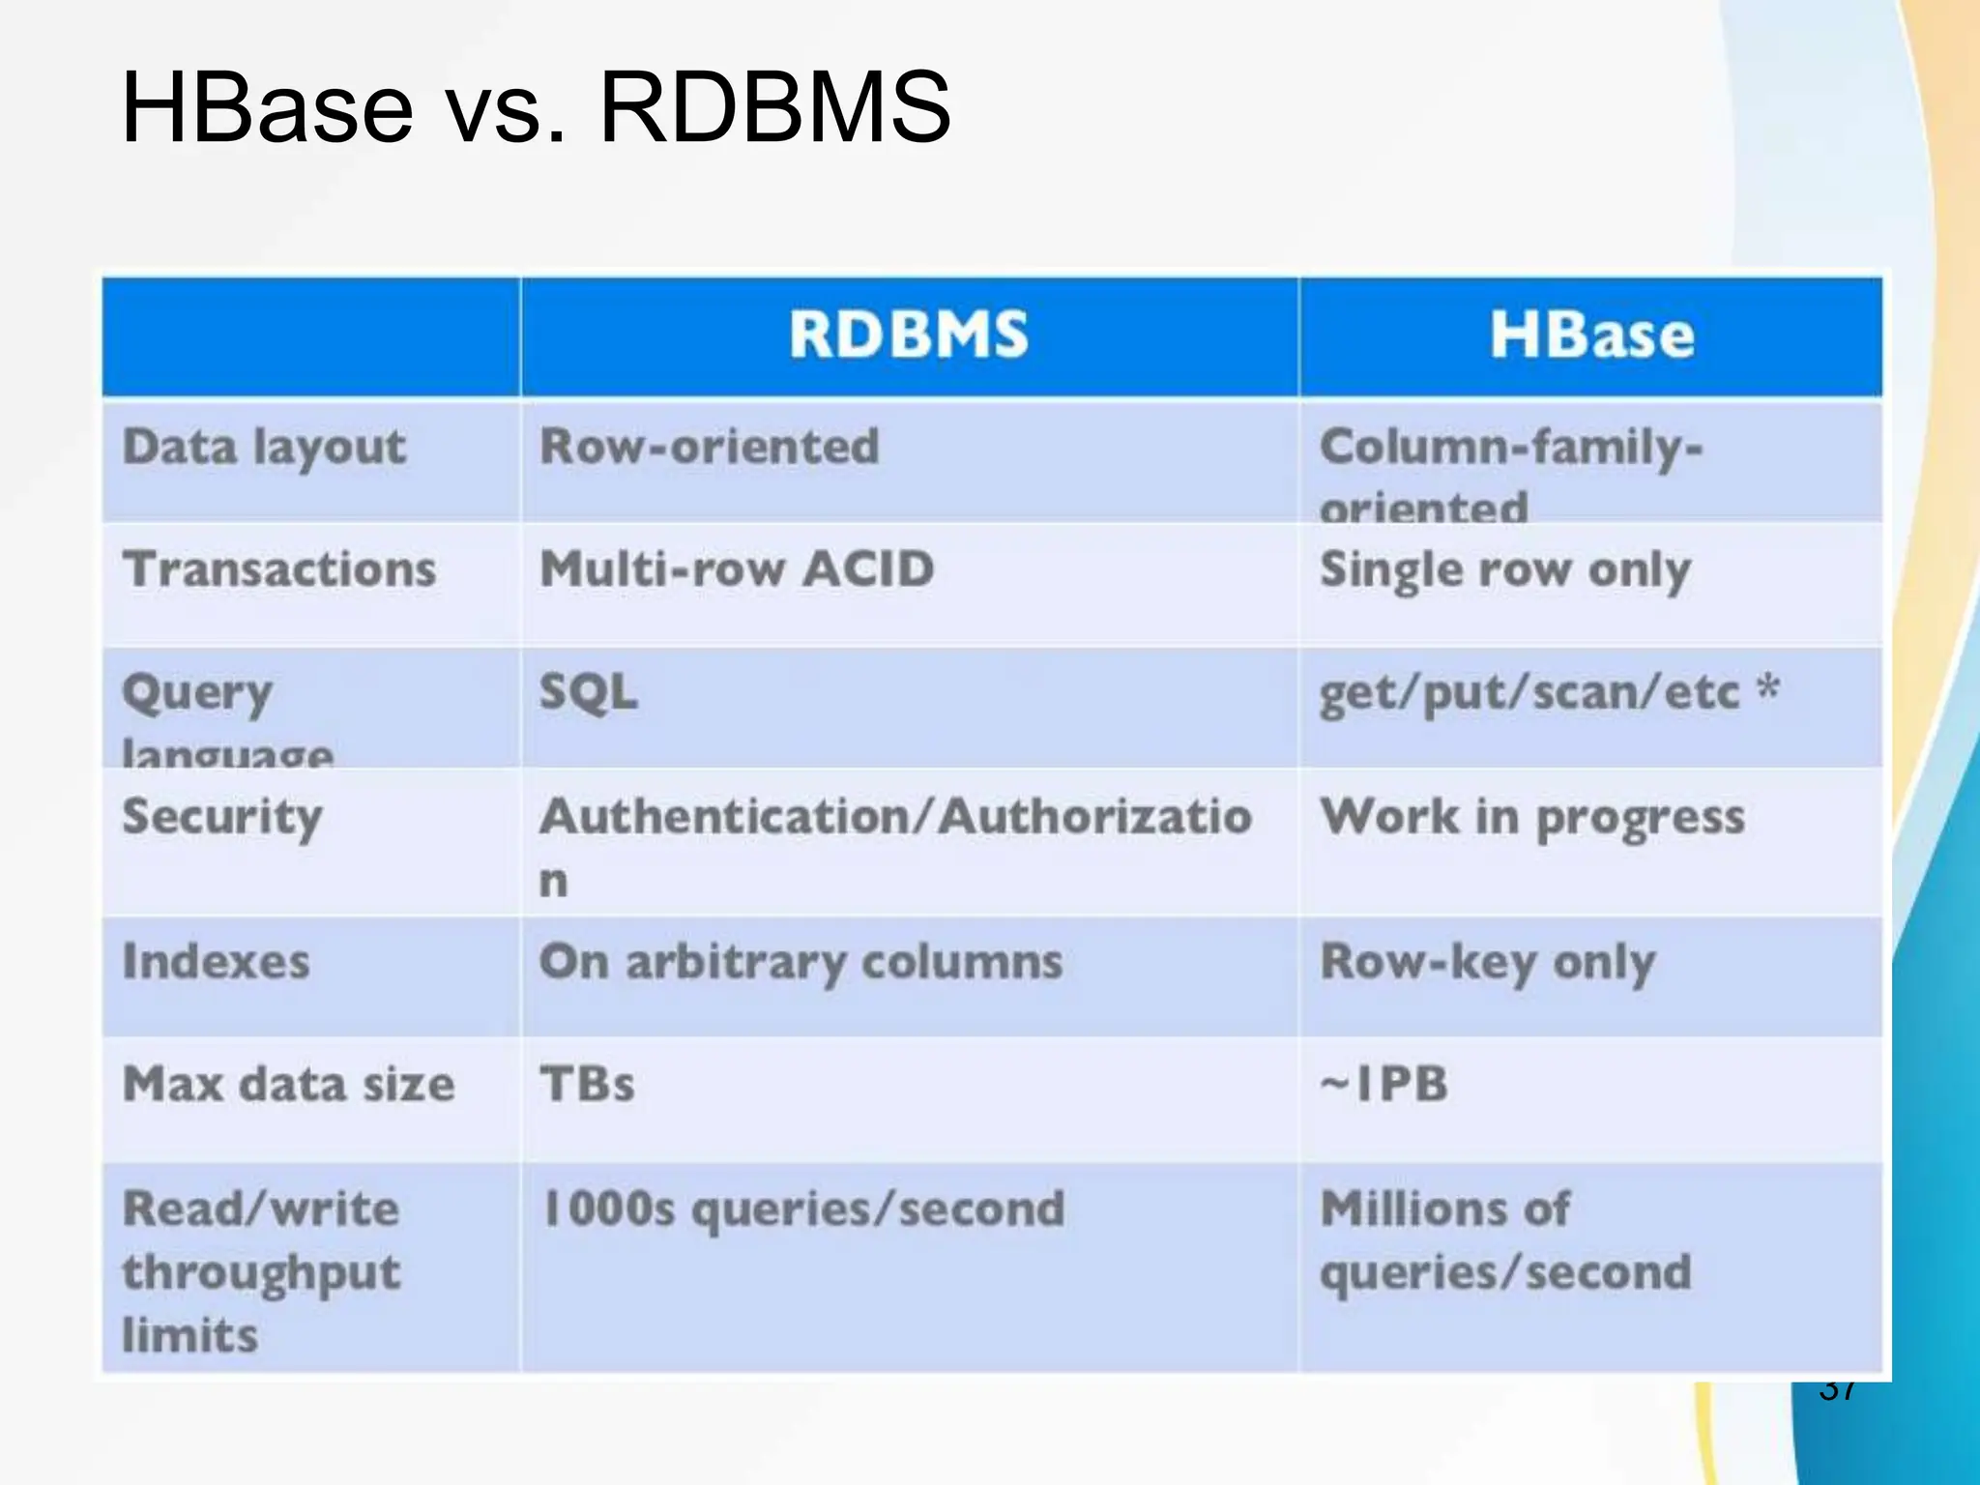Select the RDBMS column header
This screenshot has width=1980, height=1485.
pyautogui.click(x=908, y=335)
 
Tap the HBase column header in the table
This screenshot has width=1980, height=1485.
pyautogui.click(x=1591, y=335)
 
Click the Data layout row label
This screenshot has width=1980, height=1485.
pyautogui.click(x=264, y=448)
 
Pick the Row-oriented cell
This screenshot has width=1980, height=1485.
pyautogui.click(x=709, y=448)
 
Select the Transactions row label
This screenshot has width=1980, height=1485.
pyautogui.click(x=279, y=568)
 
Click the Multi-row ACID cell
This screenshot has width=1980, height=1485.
pyautogui.click(x=737, y=568)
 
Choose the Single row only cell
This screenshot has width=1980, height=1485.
pyautogui.click(x=1505, y=570)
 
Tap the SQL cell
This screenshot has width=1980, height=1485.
pyautogui.click(x=588, y=692)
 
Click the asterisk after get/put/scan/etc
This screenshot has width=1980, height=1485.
pyautogui.click(x=1768, y=688)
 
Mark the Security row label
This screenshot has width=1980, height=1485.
pyautogui.click(x=222, y=818)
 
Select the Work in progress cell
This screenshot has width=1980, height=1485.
pyautogui.click(x=1532, y=818)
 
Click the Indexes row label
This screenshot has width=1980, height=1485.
pyautogui.click(x=217, y=962)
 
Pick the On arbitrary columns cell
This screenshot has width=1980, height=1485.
pyautogui.click(x=801, y=963)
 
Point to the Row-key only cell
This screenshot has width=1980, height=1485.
pyautogui.click(x=1488, y=963)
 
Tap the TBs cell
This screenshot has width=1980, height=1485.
pyautogui.click(x=587, y=1084)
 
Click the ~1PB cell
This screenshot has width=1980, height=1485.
pyautogui.click(x=1384, y=1084)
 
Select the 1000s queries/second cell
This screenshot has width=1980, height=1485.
pyautogui.click(x=803, y=1209)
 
